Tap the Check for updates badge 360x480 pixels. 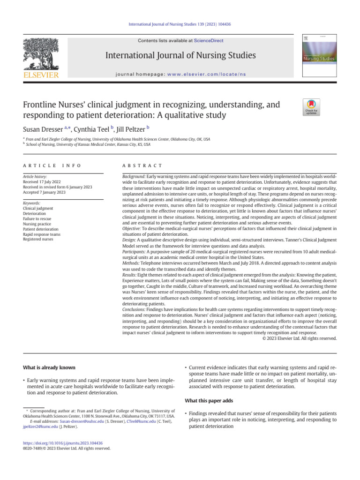click(311, 107)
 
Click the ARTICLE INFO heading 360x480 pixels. click(52, 166)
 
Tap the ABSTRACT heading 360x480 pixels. click(142, 166)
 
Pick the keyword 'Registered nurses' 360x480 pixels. click(38, 239)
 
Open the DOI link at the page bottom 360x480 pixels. click(63, 443)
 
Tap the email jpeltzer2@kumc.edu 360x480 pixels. click(41, 427)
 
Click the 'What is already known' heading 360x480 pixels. click(49, 367)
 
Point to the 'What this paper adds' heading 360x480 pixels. click(210, 400)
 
